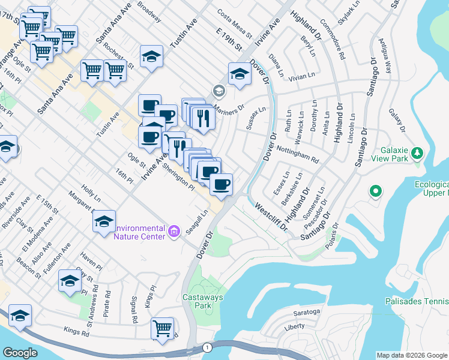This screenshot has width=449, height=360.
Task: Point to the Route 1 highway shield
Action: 207,347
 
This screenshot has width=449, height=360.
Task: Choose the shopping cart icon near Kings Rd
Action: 163,328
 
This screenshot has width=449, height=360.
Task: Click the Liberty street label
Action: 294,327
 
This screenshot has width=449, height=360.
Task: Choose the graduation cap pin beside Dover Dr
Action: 240,74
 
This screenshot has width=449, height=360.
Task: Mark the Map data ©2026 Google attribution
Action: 412,355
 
